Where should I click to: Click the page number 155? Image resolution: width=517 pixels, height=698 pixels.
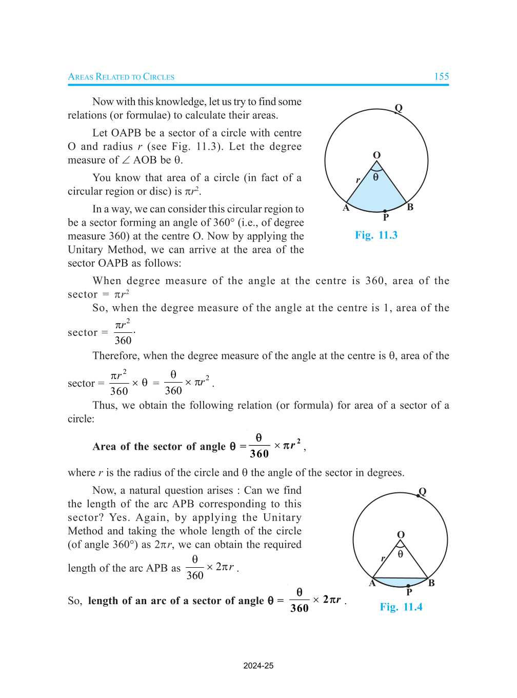(x=441, y=76)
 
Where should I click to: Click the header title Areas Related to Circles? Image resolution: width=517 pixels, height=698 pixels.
(x=121, y=77)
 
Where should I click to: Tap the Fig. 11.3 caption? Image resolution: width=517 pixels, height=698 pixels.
(x=376, y=235)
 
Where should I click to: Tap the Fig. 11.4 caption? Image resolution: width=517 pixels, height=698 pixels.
(x=401, y=607)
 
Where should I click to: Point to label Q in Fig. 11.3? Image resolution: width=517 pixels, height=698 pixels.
(x=399, y=108)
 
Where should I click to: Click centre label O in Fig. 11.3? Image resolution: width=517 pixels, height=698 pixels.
(x=376, y=155)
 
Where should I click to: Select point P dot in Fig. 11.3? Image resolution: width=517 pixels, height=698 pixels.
(x=385, y=211)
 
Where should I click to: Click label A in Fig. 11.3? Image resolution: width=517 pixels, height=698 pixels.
(x=346, y=208)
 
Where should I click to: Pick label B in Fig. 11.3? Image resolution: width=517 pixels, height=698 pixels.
(x=410, y=207)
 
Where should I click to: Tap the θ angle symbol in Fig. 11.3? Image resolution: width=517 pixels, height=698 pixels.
(x=376, y=177)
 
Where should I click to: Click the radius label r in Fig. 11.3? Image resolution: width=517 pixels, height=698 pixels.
(x=357, y=180)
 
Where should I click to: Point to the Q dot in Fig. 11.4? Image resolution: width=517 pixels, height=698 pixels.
(x=419, y=496)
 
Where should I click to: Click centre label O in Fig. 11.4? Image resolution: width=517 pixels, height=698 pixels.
(x=401, y=534)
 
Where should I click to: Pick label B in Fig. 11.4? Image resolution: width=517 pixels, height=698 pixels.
(x=431, y=583)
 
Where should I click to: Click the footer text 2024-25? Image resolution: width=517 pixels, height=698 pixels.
(x=258, y=666)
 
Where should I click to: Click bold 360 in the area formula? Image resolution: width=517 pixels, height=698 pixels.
(x=259, y=453)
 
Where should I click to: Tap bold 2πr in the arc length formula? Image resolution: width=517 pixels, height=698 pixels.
(x=332, y=600)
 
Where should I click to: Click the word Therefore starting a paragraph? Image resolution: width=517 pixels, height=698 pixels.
(x=116, y=356)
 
